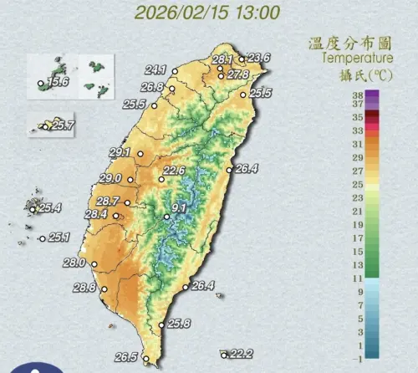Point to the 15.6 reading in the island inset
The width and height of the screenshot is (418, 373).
[58, 82]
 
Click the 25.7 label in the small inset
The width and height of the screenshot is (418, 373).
[64, 125]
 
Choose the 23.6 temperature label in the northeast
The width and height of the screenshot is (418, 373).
[259, 57]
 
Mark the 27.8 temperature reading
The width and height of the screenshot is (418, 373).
[239, 74]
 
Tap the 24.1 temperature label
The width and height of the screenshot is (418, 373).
[156, 69]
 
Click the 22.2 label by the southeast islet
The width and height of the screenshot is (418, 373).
[242, 354]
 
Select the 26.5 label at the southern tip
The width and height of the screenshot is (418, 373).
[126, 357]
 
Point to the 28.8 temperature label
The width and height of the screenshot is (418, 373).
[84, 288]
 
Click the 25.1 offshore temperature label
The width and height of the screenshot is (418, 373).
[59, 238]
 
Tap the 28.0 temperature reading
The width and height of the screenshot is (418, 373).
[75, 263]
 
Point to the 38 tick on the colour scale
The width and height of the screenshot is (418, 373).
[357, 95]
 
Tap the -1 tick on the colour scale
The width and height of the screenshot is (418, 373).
[357, 358]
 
